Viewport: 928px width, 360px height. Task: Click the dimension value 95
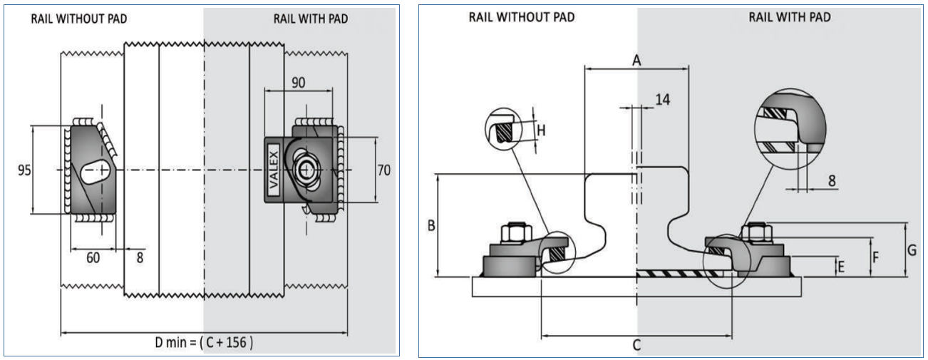[x=24, y=171]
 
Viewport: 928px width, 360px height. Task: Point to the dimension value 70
[x=384, y=171]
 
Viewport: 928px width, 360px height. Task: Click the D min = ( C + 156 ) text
[x=203, y=342]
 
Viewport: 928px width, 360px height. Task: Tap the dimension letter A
[x=636, y=61]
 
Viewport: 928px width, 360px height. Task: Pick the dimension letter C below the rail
[x=636, y=345]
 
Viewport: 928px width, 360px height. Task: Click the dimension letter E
[x=842, y=267]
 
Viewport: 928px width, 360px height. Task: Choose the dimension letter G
[x=912, y=250]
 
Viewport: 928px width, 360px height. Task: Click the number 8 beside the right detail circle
[x=832, y=180]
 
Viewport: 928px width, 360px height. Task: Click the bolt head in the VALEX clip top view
[x=307, y=170]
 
